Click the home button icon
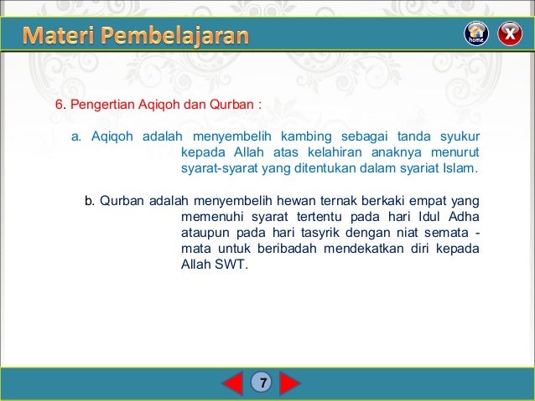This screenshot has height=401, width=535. tap(476, 33)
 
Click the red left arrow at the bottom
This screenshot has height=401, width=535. tap(232, 383)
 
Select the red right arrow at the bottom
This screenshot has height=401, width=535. tap(289, 383)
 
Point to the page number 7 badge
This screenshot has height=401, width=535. tap(262, 383)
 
